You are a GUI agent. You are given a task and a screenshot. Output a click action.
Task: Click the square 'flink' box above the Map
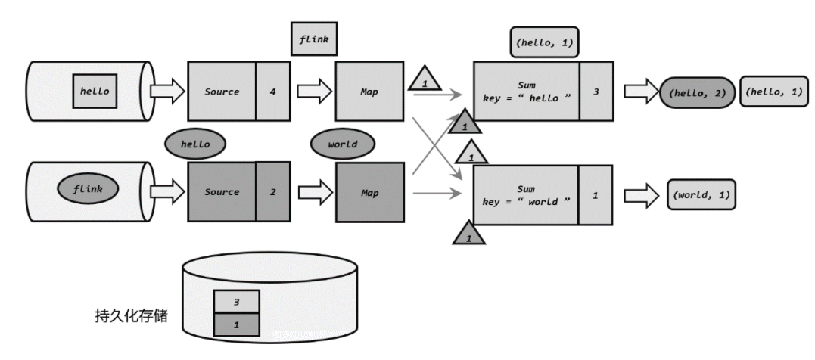pyautogui.click(x=314, y=39)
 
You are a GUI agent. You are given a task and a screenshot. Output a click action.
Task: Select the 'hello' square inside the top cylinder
pyautogui.click(x=95, y=91)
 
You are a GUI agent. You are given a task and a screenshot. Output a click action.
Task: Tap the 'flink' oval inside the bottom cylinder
pyautogui.click(x=88, y=188)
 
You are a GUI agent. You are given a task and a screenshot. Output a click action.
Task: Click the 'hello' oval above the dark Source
pyautogui.click(x=195, y=144)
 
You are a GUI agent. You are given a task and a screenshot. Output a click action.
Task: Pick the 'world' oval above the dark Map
pyautogui.click(x=343, y=144)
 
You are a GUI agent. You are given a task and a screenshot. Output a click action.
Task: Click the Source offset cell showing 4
pyautogui.click(x=273, y=92)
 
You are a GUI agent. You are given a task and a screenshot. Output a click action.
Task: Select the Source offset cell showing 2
pyautogui.click(x=273, y=191)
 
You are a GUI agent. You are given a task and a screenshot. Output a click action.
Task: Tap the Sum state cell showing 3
pyautogui.click(x=596, y=92)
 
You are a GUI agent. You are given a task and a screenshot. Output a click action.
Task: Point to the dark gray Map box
pyautogui.click(x=369, y=192)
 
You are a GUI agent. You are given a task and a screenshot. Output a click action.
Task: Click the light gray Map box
pyautogui.click(x=369, y=92)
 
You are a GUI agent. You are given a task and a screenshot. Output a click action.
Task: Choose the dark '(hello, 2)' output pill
pyautogui.click(x=698, y=92)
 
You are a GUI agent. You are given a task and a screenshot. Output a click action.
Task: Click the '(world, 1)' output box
pyautogui.click(x=701, y=195)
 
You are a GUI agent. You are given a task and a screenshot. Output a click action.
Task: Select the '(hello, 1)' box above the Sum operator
pyautogui.click(x=544, y=42)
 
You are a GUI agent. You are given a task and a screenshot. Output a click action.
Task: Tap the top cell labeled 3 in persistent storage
pyautogui.click(x=237, y=301)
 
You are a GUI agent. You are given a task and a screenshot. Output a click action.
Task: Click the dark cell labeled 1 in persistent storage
pyautogui.click(x=237, y=324)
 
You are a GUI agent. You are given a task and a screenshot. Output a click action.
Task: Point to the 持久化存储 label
pyautogui.click(x=132, y=315)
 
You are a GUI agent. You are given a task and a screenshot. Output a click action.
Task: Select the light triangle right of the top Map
pyautogui.click(x=425, y=79)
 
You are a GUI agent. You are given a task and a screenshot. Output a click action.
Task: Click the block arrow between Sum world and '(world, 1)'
pyautogui.click(x=642, y=196)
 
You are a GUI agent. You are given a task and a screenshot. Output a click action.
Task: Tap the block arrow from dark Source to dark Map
pyautogui.click(x=316, y=192)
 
